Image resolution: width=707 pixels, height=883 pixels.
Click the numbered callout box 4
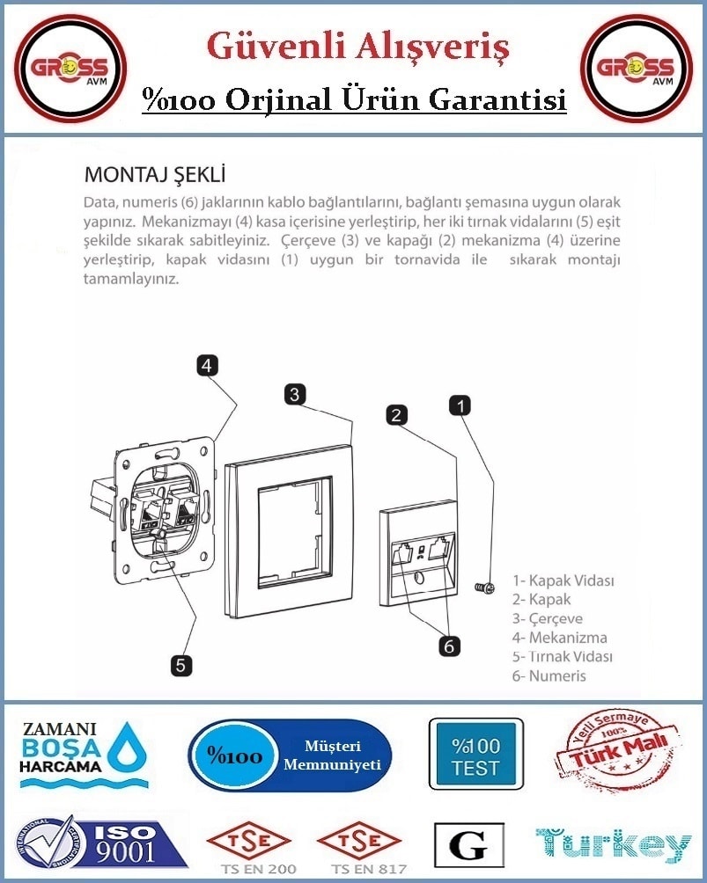coord(208,366)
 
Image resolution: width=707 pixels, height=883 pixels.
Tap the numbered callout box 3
coord(295,394)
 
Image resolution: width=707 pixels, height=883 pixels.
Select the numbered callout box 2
coord(396,415)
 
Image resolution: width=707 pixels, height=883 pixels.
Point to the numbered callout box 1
coord(460,405)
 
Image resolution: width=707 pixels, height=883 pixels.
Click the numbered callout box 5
coord(180,665)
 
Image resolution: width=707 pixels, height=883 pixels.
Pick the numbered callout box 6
coord(449,646)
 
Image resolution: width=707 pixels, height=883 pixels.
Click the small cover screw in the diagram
coord(485,587)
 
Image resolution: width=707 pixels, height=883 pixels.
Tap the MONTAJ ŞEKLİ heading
coord(154,174)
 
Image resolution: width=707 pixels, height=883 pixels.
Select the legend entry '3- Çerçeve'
coord(547,618)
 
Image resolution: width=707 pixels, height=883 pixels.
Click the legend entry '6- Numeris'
coord(549,675)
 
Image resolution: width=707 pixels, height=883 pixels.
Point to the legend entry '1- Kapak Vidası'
coord(563,580)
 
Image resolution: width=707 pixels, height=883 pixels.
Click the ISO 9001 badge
coord(100,843)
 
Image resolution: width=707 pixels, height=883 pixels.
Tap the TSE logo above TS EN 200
coord(248,842)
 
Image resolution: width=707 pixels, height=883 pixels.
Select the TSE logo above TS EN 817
coord(359,842)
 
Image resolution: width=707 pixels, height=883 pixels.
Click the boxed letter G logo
coord(469,844)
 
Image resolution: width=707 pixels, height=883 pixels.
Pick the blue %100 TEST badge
coord(475,754)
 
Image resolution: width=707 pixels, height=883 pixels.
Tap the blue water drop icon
coord(128,747)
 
